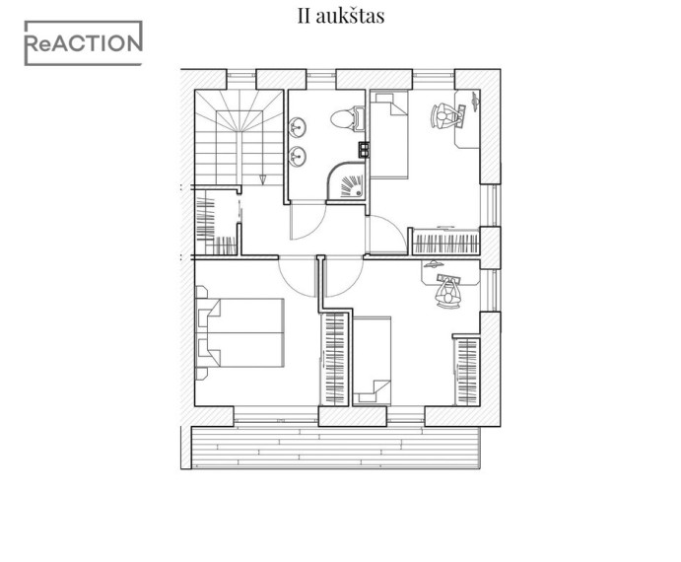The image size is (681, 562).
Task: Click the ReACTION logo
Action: (x=83, y=43)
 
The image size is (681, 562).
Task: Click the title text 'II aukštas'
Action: (x=341, y=16)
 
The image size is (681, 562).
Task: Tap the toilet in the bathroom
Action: (x=348, y=118)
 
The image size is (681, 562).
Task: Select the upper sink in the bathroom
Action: (x=298, y=128)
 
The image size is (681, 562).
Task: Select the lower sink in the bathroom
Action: (x=298, y=157)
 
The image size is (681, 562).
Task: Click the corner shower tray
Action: (x=347, y=181)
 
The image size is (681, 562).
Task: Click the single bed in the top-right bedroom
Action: (x=389, y=134)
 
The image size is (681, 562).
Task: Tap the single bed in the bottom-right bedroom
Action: (x=372, y=361)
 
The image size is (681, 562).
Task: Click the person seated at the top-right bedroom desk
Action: (x=443, y=116)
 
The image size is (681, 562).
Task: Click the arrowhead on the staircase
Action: (x=263, y=179)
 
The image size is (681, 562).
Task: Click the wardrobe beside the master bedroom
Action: (x=335, y=360)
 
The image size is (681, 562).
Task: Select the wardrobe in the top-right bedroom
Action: (x=445, y=243)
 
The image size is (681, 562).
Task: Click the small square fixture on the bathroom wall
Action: (x=364, y=150)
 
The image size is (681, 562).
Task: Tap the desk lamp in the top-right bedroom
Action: (x=475, y=101)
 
